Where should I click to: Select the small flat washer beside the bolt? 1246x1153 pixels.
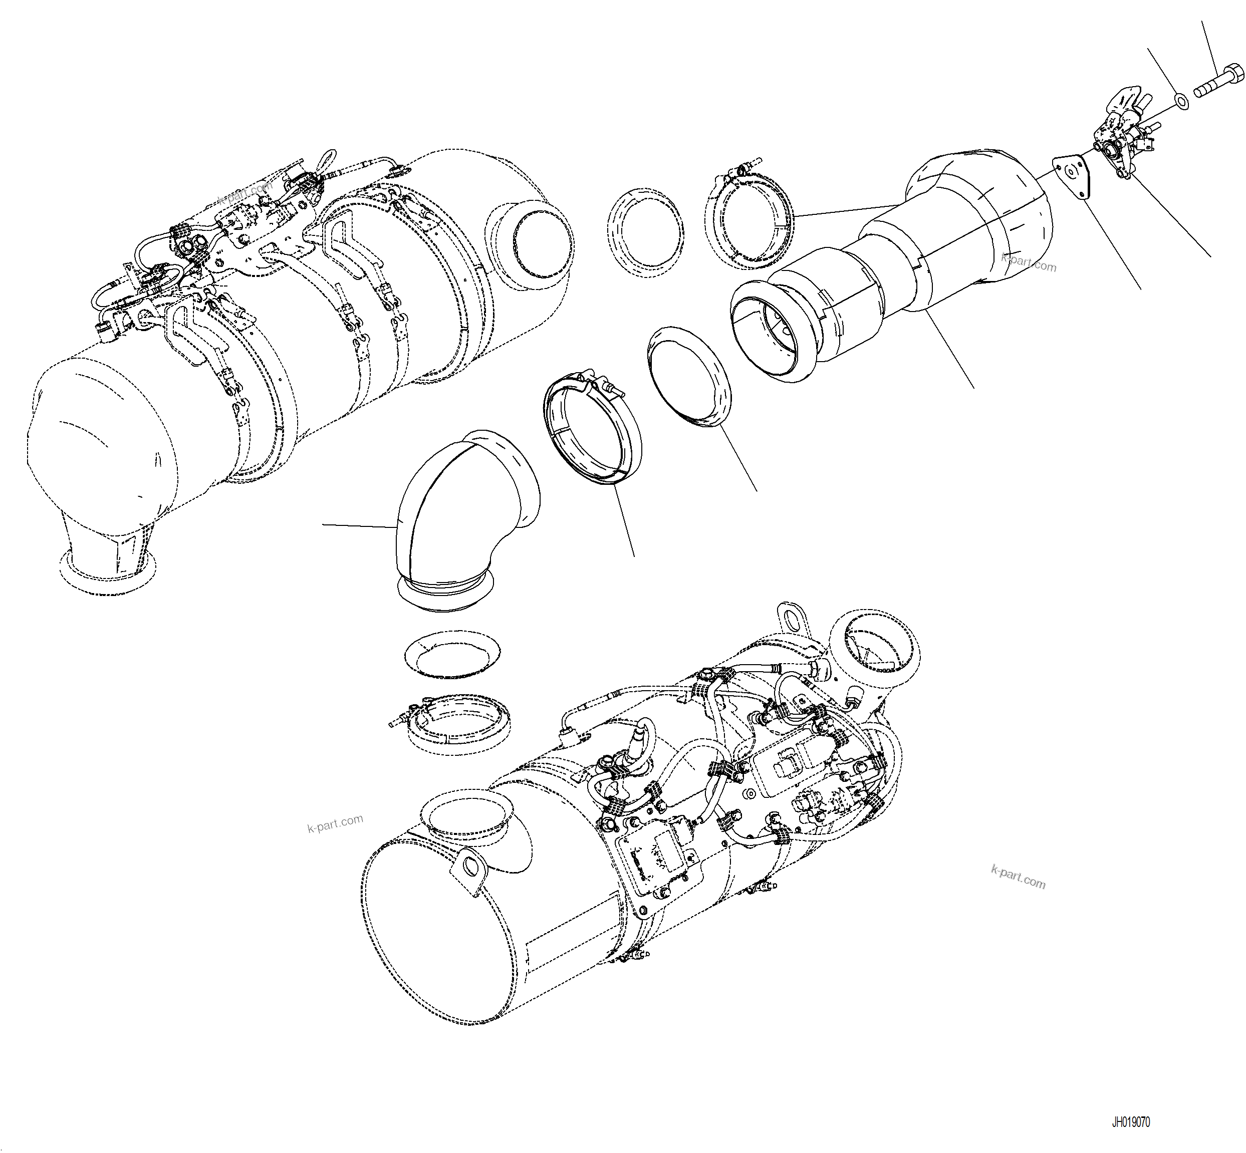click(x=1180, y=100)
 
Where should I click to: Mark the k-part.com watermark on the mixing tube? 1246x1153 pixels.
click(x=1028, y=262)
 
